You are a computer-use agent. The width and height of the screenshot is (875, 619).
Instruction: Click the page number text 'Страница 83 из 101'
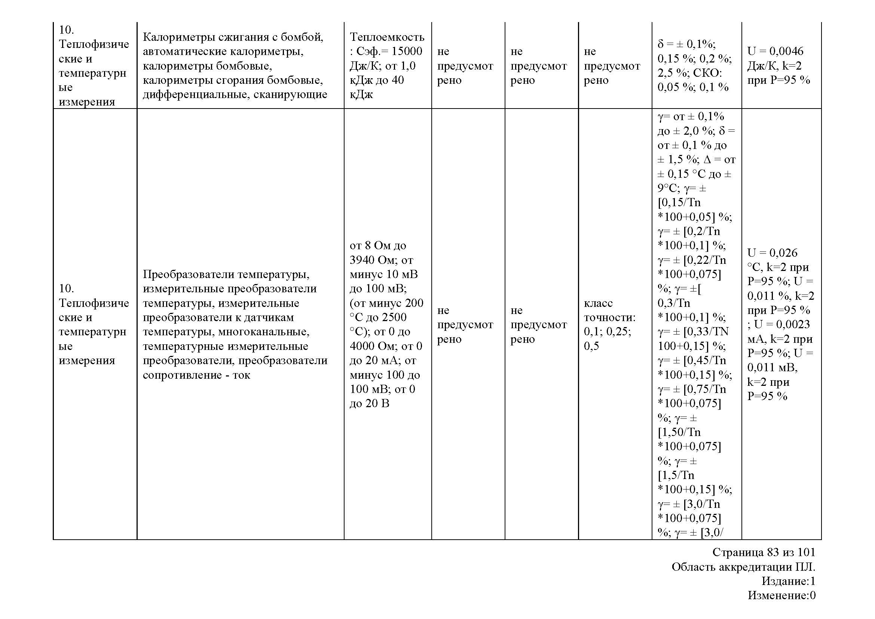click(x=764, y=552)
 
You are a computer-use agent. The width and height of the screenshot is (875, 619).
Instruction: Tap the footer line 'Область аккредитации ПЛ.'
click(x=743, y=567)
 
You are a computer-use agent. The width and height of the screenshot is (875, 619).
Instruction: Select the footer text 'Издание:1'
click(x=788, y=581)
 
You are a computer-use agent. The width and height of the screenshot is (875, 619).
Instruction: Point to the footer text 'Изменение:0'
click(x=781, y=595)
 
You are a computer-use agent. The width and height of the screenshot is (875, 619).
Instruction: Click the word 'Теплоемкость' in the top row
click(x=386, y=37)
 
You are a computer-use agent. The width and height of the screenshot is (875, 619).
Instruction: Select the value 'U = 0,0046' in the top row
click(x=775, y=51)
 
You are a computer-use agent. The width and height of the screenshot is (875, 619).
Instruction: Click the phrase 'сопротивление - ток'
click(x=196, y=375)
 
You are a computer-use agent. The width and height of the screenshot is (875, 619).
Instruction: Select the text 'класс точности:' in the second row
click(x=609, y=310)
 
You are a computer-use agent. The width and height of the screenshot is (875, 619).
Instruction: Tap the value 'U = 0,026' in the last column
click(x=772, y=253)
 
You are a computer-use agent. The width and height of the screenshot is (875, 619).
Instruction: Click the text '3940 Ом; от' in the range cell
click(x=381, y=260)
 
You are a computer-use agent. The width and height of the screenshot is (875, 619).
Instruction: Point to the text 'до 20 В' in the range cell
click(x=369, y=403)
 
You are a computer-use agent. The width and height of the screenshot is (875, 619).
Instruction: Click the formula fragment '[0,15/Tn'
click(x=679, y=202)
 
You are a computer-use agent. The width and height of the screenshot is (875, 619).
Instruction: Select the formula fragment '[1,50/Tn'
click(x=679, y=432)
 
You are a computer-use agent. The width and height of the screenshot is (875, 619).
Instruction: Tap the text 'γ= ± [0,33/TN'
click(x=693, y=332)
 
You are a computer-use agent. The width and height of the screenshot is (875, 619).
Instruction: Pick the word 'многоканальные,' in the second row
click(x=263, y=332)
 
